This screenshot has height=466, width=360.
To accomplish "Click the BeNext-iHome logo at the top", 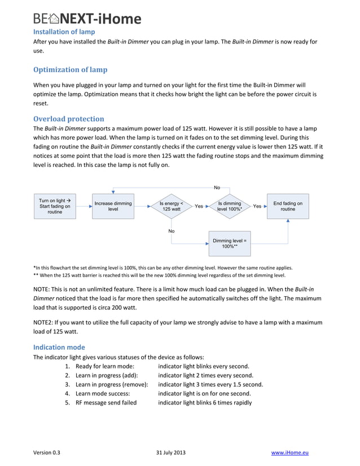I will (x=86, y=18).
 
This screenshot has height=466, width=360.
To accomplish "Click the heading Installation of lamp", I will (x=64, y=32).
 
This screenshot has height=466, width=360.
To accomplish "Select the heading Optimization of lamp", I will (x=70, y=69).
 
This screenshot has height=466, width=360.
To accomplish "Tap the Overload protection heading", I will (x=68, y=118).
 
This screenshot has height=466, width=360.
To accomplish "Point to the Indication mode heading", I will (x=59, y=347).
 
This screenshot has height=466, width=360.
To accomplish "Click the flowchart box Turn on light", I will (x=55, y=206).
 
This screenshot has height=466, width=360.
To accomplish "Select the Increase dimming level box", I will (x=113, y=206).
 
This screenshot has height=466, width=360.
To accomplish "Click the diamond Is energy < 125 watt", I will (x=171, y=206).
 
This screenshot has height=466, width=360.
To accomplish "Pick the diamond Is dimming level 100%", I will (x=229, y=206).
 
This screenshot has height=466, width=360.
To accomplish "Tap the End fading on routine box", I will (x=288, y=206).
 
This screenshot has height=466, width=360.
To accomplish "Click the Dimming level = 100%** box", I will (x=229, y=244).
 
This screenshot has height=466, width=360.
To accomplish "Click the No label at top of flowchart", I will (x=217, y=187).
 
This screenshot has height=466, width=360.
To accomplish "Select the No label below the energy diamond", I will (x=171, y=231).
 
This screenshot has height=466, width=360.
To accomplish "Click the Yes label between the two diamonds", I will (x=199, y=206).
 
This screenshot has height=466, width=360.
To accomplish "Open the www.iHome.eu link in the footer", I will (x=290, y=452).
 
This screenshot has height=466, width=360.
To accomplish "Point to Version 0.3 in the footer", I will (x=47, y=452).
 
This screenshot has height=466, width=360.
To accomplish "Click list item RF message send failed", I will (x=106, y=402).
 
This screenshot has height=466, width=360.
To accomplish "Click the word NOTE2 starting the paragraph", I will (x=45, y=322).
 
